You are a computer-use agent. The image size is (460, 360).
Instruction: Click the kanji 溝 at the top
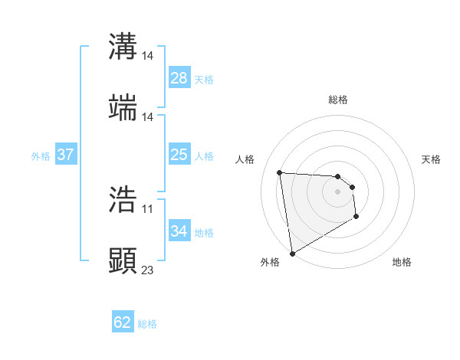[123, 47]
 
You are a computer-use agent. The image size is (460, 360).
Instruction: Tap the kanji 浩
[123, 200]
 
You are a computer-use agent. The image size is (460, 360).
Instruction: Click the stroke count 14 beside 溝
[148, 56]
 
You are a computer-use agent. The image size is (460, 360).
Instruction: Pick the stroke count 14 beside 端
[148, 116]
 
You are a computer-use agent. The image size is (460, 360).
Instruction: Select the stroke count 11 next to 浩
[148, 209]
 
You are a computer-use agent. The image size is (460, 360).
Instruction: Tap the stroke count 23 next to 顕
[148, 270]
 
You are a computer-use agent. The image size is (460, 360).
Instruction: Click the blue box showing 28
[179, 78]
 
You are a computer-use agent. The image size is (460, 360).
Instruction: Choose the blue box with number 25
[179, 155]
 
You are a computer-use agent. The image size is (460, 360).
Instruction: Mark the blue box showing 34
[179, 231]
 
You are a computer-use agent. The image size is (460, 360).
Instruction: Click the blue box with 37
[65, 155]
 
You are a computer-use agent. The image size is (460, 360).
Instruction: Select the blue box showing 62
[123, 322]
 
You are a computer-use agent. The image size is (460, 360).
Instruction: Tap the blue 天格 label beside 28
[204, 79]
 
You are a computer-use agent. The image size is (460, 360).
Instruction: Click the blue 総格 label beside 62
[147, 323]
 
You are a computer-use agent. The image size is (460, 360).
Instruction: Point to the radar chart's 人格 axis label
[245, 159]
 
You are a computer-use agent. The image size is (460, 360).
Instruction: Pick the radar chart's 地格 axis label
[402, 262]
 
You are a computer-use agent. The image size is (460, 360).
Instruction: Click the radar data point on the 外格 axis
[292, 252]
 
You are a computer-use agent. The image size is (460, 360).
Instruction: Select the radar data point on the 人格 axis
[280, 172]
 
